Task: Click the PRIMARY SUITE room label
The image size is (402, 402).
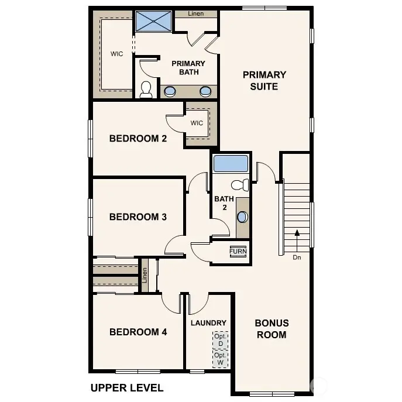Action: pyautogui.click(x=264, y=81)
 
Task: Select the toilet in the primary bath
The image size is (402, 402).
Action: pyautogui.click(x=146, y=90)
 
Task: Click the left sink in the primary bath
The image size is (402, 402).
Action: pyautogui.click(x=170, y=91)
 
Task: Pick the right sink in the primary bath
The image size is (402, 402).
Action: pyautogui.click(x=205, y=91)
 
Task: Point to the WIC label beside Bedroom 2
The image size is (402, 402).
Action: pyautogui.click(x=197, y=123)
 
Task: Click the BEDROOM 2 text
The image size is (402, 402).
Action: pyautogui.click(x=138, y=139)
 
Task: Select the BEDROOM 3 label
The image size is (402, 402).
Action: pyautogui.click(x=138, y=217)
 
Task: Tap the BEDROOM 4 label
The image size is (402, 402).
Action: pyautogui.click(x=138, y=332)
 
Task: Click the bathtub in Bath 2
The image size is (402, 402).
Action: pyautogui.click(x=231, y=164)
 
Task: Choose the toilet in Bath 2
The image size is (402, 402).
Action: pyautogui.click(x=240, y=185)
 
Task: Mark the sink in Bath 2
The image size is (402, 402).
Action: pyautogui.click(x=242, y=217)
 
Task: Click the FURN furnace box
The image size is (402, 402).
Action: pyautogui.click(x=238, y=251)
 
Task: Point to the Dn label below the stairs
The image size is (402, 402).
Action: pyautogui.click(x=297, y=257)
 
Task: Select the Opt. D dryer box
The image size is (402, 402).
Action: pyautogui.click(x=220, y=340)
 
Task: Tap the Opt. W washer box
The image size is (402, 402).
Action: pyautogui.click(x=220, y=359)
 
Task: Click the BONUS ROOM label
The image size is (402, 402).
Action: pyautogui.click(x=272, y=329)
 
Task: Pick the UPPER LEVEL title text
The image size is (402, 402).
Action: pyautogui.click(x=127, y=387)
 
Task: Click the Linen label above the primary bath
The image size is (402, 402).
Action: pyautogui.click(x=196, y=13)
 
